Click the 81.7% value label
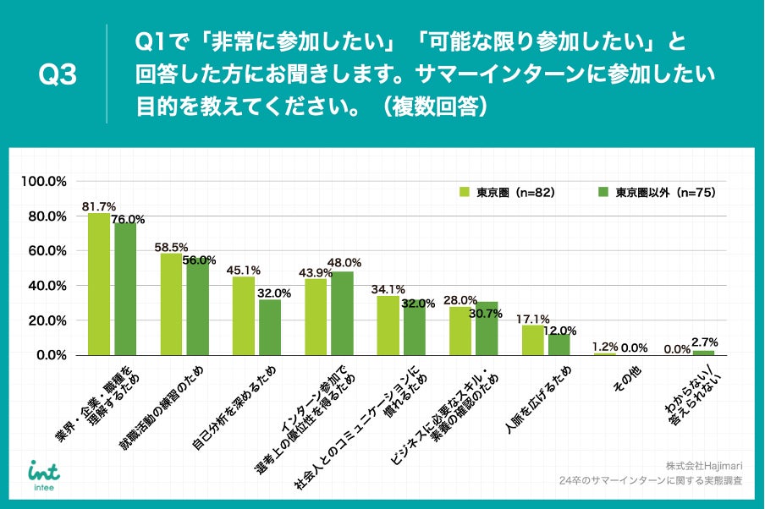(99, 206)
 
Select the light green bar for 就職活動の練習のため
(171, 304)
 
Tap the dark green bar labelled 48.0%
(343, 313)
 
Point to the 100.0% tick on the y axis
(44, 181)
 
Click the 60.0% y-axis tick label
(47, 251)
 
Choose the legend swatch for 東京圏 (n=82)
(464, 192)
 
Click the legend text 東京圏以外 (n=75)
(665, 192)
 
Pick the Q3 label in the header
(58, 75)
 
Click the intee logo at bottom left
(43, 472)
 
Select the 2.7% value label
(704, 342)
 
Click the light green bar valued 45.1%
(244, 315)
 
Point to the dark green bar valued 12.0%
(559, 345)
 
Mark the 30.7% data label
(487, 314)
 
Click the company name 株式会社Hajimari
(704, 466)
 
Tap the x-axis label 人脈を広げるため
(536, 402)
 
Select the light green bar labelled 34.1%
(388, 326)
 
